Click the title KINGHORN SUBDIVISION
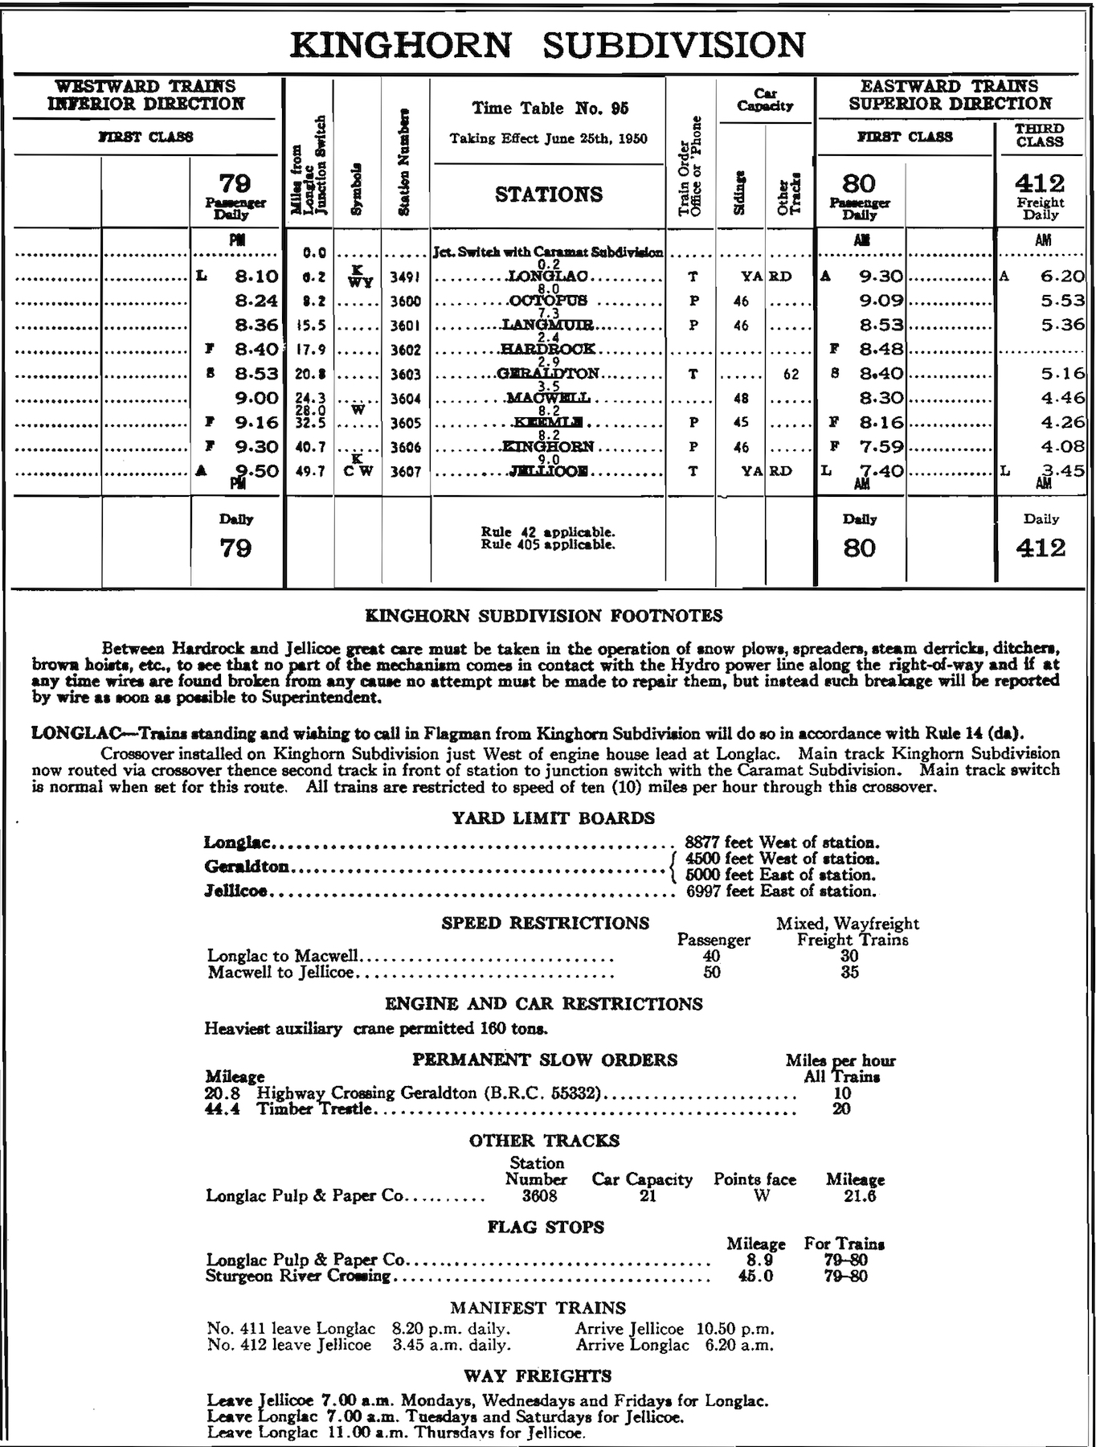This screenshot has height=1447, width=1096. click(x=547, y=45)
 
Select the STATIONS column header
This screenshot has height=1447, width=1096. click(x=548, y=195)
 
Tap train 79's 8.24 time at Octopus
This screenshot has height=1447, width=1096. click(x=256, y=301)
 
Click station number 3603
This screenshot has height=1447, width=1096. click(x=406, y=375)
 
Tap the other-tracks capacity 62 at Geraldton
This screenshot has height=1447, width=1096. click(x=791, y=375)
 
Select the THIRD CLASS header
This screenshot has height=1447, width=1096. click(x=1040, y=135)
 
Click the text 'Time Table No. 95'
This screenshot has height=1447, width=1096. click(x=550, y=109)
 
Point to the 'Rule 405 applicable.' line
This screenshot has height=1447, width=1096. click(x=548, y=544)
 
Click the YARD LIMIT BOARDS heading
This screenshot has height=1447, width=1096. click(x=554, y=818)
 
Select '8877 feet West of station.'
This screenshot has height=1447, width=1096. click(x=782, y=842)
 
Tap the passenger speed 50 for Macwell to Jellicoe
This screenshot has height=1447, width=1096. click(x=712, y=972)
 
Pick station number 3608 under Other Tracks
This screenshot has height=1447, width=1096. click(x=536, y=1195)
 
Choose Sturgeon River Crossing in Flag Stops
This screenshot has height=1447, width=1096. click(x=298, y=1276)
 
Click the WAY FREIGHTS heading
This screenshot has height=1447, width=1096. click(x=537, y=1375)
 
